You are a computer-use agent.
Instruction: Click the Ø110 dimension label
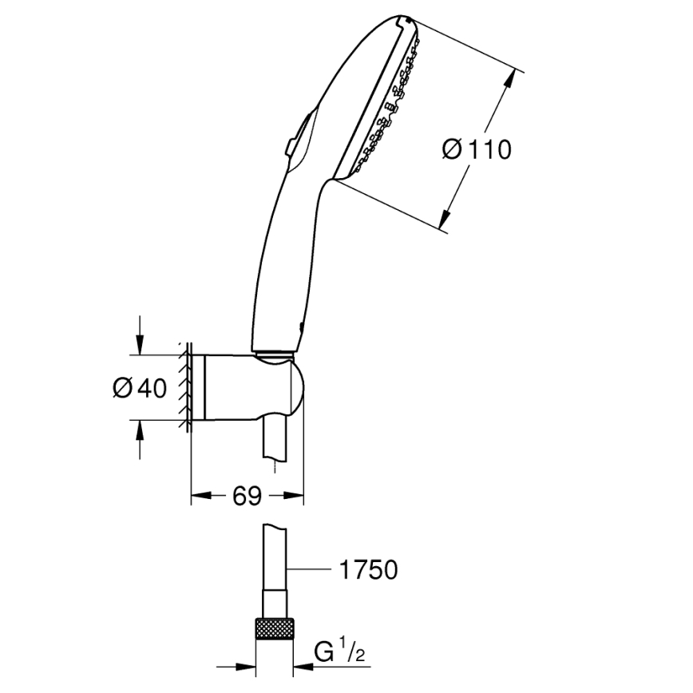[477, 148]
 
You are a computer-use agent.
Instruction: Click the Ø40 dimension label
[140, 388]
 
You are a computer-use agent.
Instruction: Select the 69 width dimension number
[247, 497]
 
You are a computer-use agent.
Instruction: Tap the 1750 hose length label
[369, 570]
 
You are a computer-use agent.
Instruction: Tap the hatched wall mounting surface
[185, 388]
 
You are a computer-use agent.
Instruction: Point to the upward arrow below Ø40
[140, 431]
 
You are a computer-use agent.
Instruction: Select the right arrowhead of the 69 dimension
[297, 497]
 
